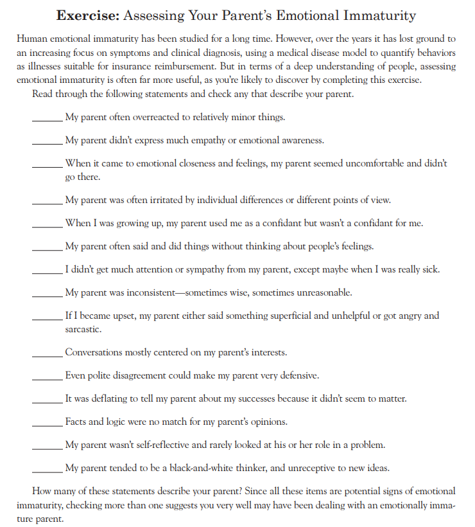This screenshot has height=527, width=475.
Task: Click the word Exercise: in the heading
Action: click(x=86, y=15)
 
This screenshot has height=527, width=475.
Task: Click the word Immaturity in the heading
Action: click(x=379, y=15)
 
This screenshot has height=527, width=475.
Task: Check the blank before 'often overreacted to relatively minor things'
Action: click(x=47, y=118)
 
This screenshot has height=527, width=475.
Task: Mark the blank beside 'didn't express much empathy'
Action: click(x=47, y=141)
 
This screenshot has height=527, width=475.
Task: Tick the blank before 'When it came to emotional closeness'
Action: click(x=47, y=164)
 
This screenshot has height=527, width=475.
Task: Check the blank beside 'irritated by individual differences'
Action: click(x=47, y=201)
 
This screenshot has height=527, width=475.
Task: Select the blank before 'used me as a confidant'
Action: click(x=47, y=224)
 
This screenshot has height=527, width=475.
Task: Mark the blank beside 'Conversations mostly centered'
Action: click(x=47, y=353)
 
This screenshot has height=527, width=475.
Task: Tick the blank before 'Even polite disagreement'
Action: click(x=47, y=376)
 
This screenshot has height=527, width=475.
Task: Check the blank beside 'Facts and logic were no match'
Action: click(x=47, y=422)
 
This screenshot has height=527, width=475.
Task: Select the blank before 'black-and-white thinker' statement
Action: click(x=47, y=468)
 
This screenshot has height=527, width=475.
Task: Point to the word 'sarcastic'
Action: click(x=83, y=329)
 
